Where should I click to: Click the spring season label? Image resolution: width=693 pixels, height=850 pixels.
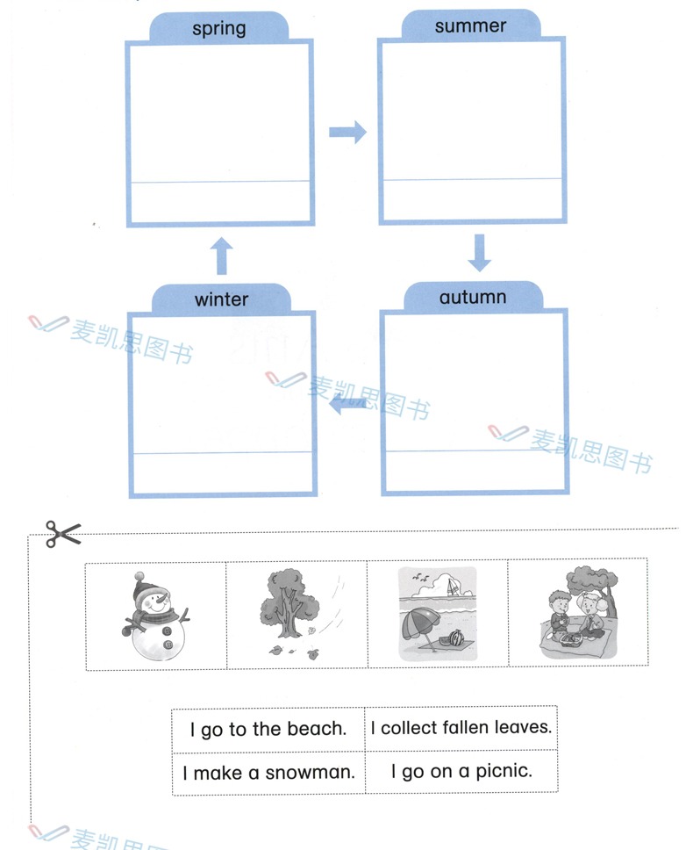218,28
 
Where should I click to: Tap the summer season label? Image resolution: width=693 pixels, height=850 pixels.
470,26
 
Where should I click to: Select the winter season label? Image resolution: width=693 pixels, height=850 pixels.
221,299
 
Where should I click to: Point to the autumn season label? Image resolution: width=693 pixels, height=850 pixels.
473,297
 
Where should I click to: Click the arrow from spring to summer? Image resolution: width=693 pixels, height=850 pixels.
347,133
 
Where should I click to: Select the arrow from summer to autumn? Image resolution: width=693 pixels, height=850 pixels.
478,253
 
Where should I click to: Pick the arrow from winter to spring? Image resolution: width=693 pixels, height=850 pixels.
223,256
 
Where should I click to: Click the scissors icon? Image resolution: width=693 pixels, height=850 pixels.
62,533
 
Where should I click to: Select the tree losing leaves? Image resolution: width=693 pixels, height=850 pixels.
284,601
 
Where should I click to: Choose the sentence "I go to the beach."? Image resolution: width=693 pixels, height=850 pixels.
268,729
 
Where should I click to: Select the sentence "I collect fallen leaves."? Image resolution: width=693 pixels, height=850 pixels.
461,727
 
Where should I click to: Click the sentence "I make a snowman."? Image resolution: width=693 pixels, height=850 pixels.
268,773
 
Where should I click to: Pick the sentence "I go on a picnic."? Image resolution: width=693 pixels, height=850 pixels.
461,772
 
